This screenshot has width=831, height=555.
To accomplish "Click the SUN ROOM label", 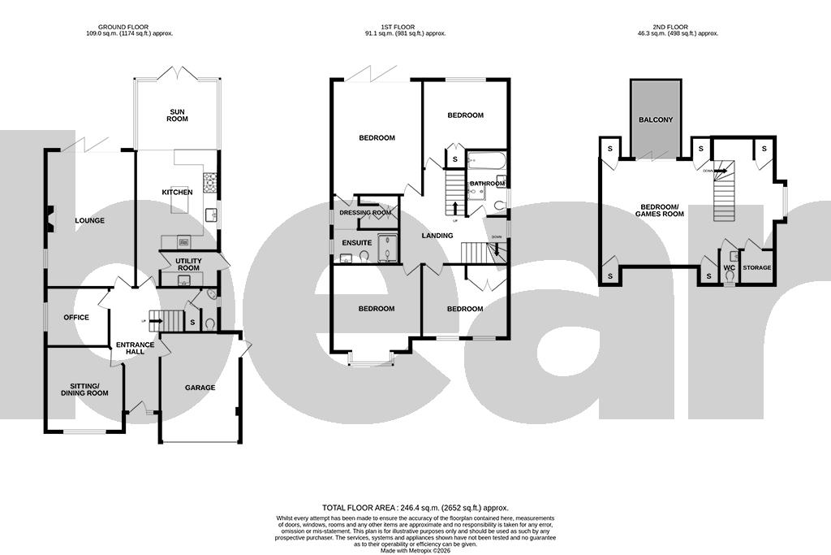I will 178,115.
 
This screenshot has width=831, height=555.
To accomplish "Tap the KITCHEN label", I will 177,192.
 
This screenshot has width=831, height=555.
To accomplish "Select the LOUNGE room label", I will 89,220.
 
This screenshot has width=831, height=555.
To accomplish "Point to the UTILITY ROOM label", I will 187,263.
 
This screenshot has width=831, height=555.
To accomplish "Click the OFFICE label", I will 76,317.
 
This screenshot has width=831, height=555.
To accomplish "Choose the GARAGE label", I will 200,388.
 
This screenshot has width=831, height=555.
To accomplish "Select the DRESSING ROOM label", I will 365,212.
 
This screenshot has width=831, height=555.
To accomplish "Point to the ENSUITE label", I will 356,242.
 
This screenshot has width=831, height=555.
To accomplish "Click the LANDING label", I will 437,236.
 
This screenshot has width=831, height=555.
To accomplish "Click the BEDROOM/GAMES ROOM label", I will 661,210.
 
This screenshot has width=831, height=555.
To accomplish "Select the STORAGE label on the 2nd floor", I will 756,267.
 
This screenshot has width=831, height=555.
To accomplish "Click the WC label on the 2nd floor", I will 728,267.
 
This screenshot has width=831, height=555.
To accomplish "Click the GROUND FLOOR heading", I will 130,29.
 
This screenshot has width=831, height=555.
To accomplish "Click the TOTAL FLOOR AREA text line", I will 415,507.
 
